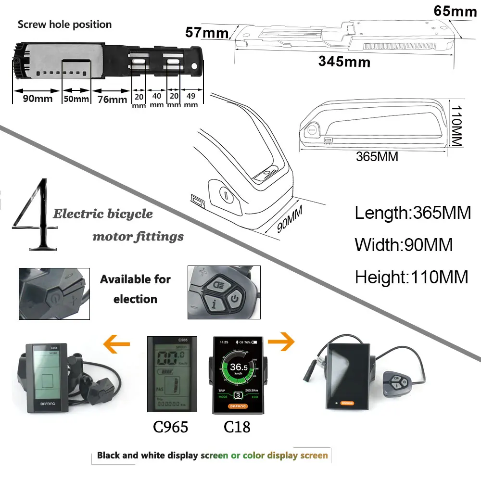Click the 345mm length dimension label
[x=344, y=62]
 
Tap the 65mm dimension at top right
[x=455, y=11]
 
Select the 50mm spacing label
[x=76, y=99]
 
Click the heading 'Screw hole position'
[x=64, y=25]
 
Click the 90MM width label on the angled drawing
[x=290, y=219]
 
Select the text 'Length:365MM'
[x=413, y=213]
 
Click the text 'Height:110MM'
[x=411, y=277]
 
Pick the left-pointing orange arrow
[x=117, y=343]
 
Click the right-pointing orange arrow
[x=281, y=342]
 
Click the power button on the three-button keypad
[x=234, y=299]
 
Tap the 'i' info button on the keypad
[x=212, y=304]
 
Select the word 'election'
[x=135, y=299]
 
